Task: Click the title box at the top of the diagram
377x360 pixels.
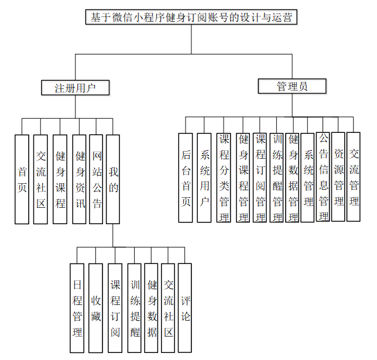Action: pos(191,18)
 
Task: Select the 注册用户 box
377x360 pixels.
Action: pos(76,88)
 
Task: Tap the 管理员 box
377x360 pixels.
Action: pos(292,87)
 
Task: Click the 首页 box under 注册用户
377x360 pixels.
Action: pos(22,179)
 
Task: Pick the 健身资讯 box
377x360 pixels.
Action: pos(79,179)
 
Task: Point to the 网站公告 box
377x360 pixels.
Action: pos(97,179)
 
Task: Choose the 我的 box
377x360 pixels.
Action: pos(113,179)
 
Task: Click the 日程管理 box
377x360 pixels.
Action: pos(77,308)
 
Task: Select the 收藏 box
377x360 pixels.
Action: pos(95,308)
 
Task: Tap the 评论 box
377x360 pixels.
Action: pos(185,308)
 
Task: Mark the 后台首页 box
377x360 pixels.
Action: pos(186,177)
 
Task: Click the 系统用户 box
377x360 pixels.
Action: pos(204,177)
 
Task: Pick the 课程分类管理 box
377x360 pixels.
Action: pos(224,177)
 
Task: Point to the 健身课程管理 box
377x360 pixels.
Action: pos(243,177)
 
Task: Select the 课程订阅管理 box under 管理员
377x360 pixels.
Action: pos(261,177)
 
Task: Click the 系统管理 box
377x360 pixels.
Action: pos(308,177)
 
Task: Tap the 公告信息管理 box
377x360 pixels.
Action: pos(323,177)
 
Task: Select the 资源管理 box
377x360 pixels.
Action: pos(338,177)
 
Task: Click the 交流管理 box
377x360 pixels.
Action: pos(354,177)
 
